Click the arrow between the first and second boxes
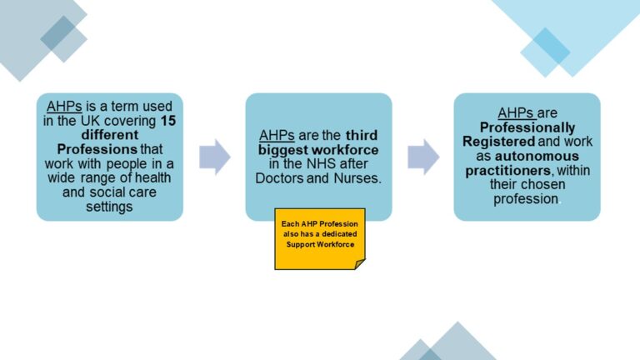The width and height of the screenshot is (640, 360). click(214, 157)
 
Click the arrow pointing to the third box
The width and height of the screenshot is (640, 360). click(422, 157)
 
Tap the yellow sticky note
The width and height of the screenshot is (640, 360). click(320, 238)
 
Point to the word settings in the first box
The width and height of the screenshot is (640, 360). click(109, 207)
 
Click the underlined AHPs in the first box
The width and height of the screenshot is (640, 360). click(63, 106)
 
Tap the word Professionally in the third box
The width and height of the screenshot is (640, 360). click(527, 127)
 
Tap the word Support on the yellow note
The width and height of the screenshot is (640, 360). click(303, 244)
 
